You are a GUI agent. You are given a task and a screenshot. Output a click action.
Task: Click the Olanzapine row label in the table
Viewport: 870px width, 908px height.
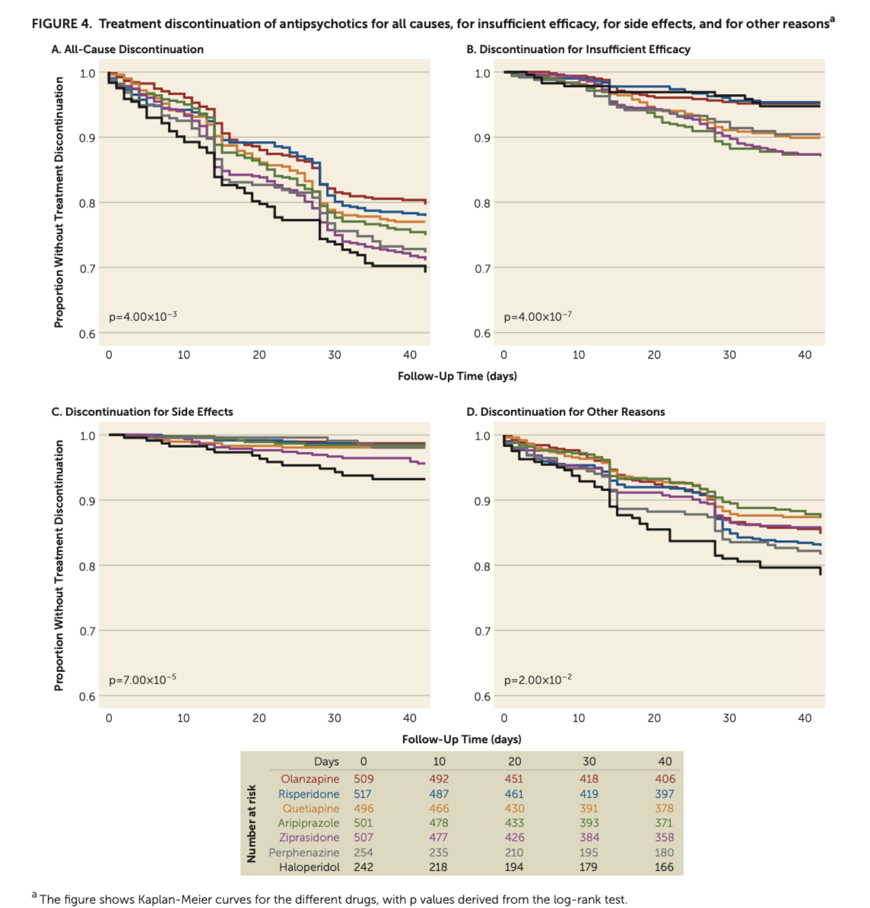310,779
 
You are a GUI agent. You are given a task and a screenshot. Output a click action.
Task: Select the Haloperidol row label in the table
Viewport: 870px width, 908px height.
309,867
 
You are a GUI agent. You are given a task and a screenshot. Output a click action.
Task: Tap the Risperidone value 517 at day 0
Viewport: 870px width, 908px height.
362,794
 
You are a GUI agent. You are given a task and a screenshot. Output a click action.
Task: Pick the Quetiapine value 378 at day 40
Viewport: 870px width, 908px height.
664,809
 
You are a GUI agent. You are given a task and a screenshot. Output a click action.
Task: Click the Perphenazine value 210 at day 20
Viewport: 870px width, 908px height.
514,853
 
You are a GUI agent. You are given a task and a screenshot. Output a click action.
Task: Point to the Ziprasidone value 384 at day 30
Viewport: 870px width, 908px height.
590,838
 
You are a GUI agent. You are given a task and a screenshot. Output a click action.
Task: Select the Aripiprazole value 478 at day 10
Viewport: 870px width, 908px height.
439,823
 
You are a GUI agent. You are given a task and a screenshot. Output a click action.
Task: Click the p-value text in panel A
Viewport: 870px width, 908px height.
143,316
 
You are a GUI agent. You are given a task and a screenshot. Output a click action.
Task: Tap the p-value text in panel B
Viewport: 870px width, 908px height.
538,316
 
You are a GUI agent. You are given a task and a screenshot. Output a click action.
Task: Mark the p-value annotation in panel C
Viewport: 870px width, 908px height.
142,680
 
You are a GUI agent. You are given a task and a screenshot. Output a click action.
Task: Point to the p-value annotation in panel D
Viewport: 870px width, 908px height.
538,680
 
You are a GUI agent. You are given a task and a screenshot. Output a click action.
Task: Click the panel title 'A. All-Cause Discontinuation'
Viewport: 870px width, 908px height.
127,50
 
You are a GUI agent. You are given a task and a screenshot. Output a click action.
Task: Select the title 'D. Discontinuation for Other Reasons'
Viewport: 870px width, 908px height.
566,412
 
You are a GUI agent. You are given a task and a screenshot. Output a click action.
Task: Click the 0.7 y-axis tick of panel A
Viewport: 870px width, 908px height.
87,268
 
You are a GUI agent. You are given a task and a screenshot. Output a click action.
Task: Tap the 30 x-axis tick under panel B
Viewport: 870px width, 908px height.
729,355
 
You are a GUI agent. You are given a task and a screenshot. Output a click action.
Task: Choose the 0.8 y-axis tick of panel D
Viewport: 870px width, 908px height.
483,567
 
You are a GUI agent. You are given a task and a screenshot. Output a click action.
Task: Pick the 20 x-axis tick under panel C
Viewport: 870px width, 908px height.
259,718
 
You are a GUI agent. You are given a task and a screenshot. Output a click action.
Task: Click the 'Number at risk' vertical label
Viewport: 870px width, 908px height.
251,823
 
